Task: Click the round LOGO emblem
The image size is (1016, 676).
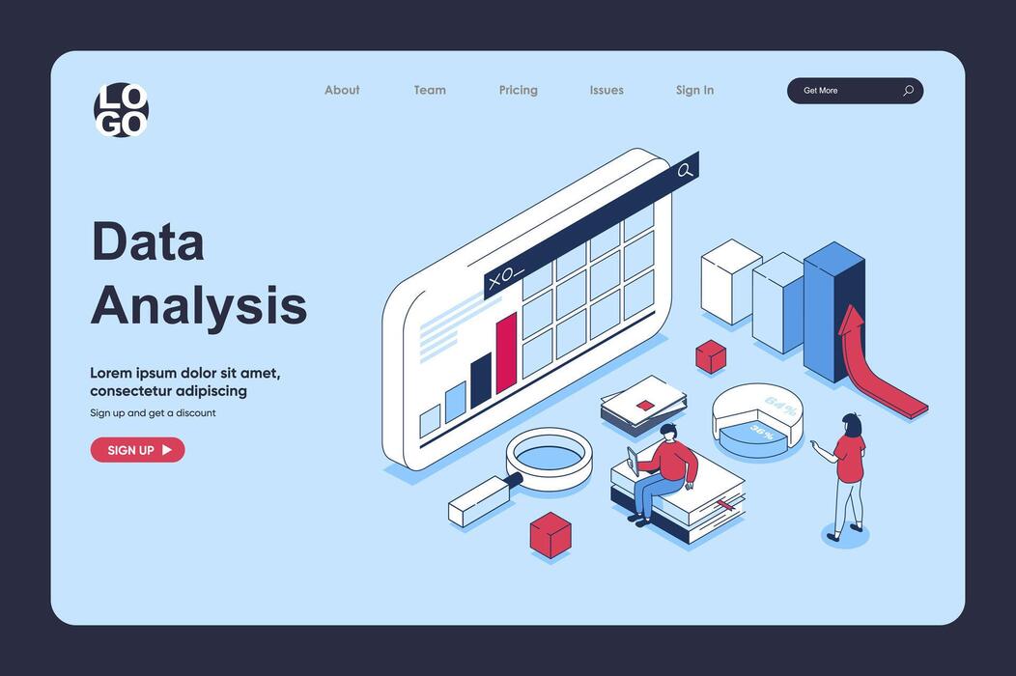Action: (x=121, y=110)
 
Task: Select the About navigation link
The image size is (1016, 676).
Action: (x=342, y=90)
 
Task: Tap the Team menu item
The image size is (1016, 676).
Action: (x=430, y=90)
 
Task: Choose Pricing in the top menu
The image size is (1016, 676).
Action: (x=518, y=90)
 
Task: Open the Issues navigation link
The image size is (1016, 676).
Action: (x=607, y=90)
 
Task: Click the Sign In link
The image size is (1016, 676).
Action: (x=694, y=90)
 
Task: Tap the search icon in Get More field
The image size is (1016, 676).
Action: (x=908, y=91)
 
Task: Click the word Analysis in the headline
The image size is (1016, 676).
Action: (x=199, y=305)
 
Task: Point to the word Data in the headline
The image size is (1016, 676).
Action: (x=148, y=241)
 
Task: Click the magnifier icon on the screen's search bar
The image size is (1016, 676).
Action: (x=685, y=171)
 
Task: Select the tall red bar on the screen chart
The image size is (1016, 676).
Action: (x=506, y=353)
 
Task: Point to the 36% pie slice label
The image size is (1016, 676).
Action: (x=762, y=433)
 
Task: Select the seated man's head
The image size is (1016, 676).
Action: (x=668, y=431)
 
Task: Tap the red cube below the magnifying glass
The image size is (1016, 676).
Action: (x=550, y=534)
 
